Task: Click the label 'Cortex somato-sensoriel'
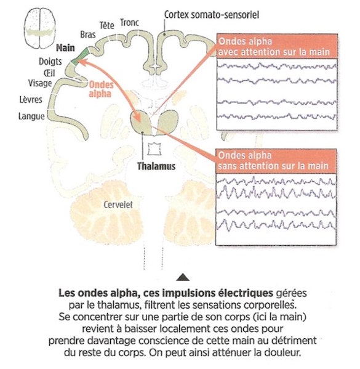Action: pyautogui.click(x=212, y=15)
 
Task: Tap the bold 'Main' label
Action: pyautogui.click(x=65, y=48)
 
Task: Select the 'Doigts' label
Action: pyautogui.click(x=50, y=62)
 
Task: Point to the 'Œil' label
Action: pyautogui.click(x=49, y=73)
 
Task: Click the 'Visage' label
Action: pyautogui.click(x=40, y=83)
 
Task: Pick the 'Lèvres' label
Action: pyautogui.click(x=31, y=100)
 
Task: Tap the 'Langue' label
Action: pyautogui.click(x=31, y=116)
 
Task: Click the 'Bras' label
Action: pyautogui.click(x=88, y=34)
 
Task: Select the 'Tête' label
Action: pyautogui.click(x=106, y=25)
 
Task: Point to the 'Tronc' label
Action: pyautogui.click(x=130, y=23)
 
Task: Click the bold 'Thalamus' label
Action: pyautogui.click(x=156, y=166)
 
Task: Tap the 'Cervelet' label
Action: pyautogui.click(x=118, y=205)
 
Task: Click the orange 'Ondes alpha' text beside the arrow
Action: pyautogui.click(x=101, y=89)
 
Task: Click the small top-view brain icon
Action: pyautogui.click(x=40, y=28)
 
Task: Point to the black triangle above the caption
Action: pyautogui.click(x=183, y=277)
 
